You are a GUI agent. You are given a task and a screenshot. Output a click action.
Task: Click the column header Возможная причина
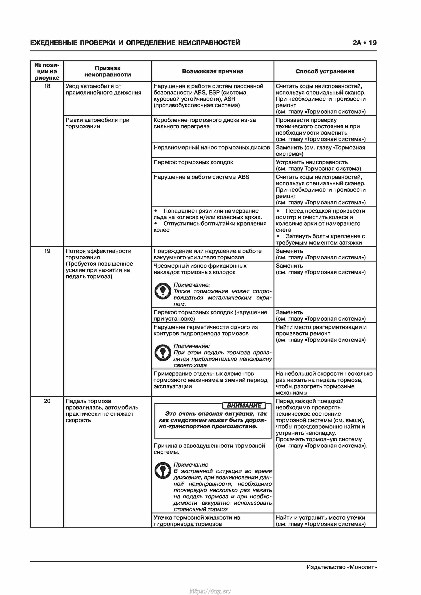[212, 71]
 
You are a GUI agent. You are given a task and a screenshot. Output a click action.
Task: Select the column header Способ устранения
[325, 71]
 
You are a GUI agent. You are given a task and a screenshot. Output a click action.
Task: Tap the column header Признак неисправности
[108, 71]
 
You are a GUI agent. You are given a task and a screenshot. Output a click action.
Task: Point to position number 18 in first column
[47, 86]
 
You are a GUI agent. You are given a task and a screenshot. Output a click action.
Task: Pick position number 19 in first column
[47, 251]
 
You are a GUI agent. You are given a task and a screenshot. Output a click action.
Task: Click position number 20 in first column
[47, 401]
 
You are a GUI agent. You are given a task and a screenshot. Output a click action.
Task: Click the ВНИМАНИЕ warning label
[244, 406]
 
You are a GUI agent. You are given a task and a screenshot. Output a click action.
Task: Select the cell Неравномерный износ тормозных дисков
[212, 148]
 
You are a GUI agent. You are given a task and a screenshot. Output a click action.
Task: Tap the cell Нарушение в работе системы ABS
[201, 177]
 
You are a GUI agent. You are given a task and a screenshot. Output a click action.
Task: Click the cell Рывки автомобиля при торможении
[97, 123]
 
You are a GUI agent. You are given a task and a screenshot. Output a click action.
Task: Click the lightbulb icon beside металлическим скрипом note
[163, 291]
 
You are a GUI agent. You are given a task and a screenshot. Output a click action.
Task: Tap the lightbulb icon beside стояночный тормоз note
[163, 470]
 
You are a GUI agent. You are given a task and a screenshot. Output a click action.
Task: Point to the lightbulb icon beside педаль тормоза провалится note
[163, 353]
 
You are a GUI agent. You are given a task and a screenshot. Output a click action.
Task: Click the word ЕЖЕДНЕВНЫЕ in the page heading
[53, 43]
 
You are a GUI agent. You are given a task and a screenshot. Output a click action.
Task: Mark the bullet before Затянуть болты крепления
[278, 236]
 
